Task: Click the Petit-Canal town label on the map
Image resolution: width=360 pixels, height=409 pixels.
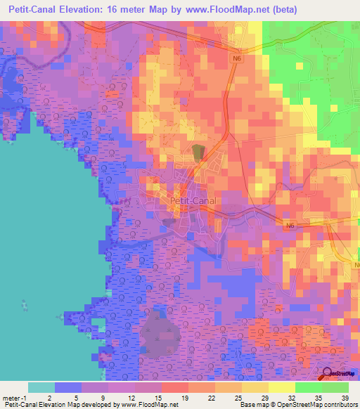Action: click(x=193, y=200)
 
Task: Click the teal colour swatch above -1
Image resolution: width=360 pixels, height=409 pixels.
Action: click(x=41, y=387)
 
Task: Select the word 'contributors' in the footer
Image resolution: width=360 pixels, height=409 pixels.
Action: click(x=340, y=405)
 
